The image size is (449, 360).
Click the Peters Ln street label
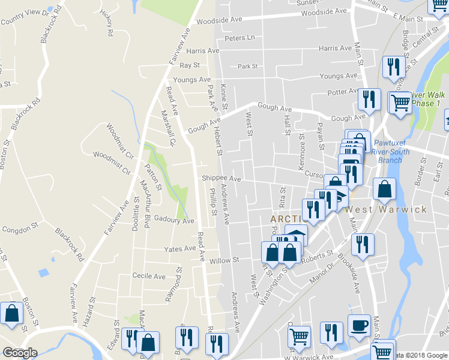tap(240, 38)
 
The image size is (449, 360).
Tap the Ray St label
tap(189, 65)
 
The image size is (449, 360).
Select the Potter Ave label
tap(342, 92)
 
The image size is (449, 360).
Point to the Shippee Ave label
tap(221, 178)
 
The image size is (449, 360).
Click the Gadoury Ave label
tap(174, 221)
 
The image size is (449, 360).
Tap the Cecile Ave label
tap(148, 277)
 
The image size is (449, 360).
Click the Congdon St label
tap(20, 229)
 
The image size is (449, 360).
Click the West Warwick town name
tap(387, 210)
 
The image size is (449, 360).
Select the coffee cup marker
tap(360, 325)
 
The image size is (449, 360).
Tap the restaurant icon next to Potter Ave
tap(369, 98)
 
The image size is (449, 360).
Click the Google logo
tap(20, 353)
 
